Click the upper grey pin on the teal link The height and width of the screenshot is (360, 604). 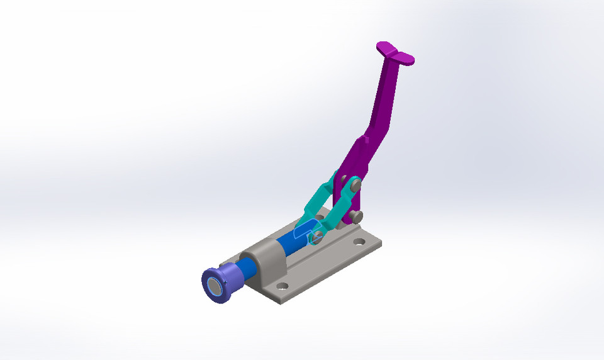pyautogui.click(x=355, y=185)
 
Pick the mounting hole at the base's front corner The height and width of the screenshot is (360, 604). pyautogui.click(x=282, y=286)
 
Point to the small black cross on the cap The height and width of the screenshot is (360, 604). pyautogui.click(x=225, y=283)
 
